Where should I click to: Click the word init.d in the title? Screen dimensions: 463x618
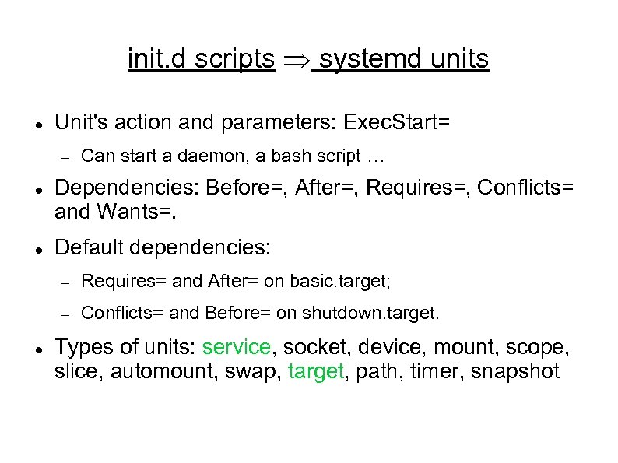click(x=158, y=58)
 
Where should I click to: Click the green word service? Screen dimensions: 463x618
click(x=237, y=347)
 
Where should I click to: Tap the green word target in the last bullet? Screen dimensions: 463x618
click(x=315, y=370)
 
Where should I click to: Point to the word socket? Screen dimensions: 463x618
click(x=310, y=347)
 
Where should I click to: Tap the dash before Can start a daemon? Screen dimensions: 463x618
click(x=67, y=157)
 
